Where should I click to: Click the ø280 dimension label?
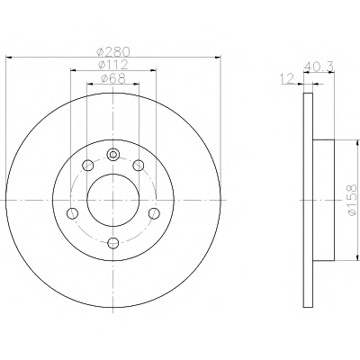click(113, 51)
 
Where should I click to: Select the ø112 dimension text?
click(113, 65)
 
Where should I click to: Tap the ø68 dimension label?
click(113, 78)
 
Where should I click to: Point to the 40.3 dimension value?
click(319, 67)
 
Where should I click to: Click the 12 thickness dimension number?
click(287, 79)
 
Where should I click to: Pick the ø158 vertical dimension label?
click(351, 200)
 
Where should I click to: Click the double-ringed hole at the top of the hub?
click(113, 155)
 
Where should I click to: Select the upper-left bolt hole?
click(88, 166)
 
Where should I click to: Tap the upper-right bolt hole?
click(139, 166)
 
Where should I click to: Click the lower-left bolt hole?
click(73, 213)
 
